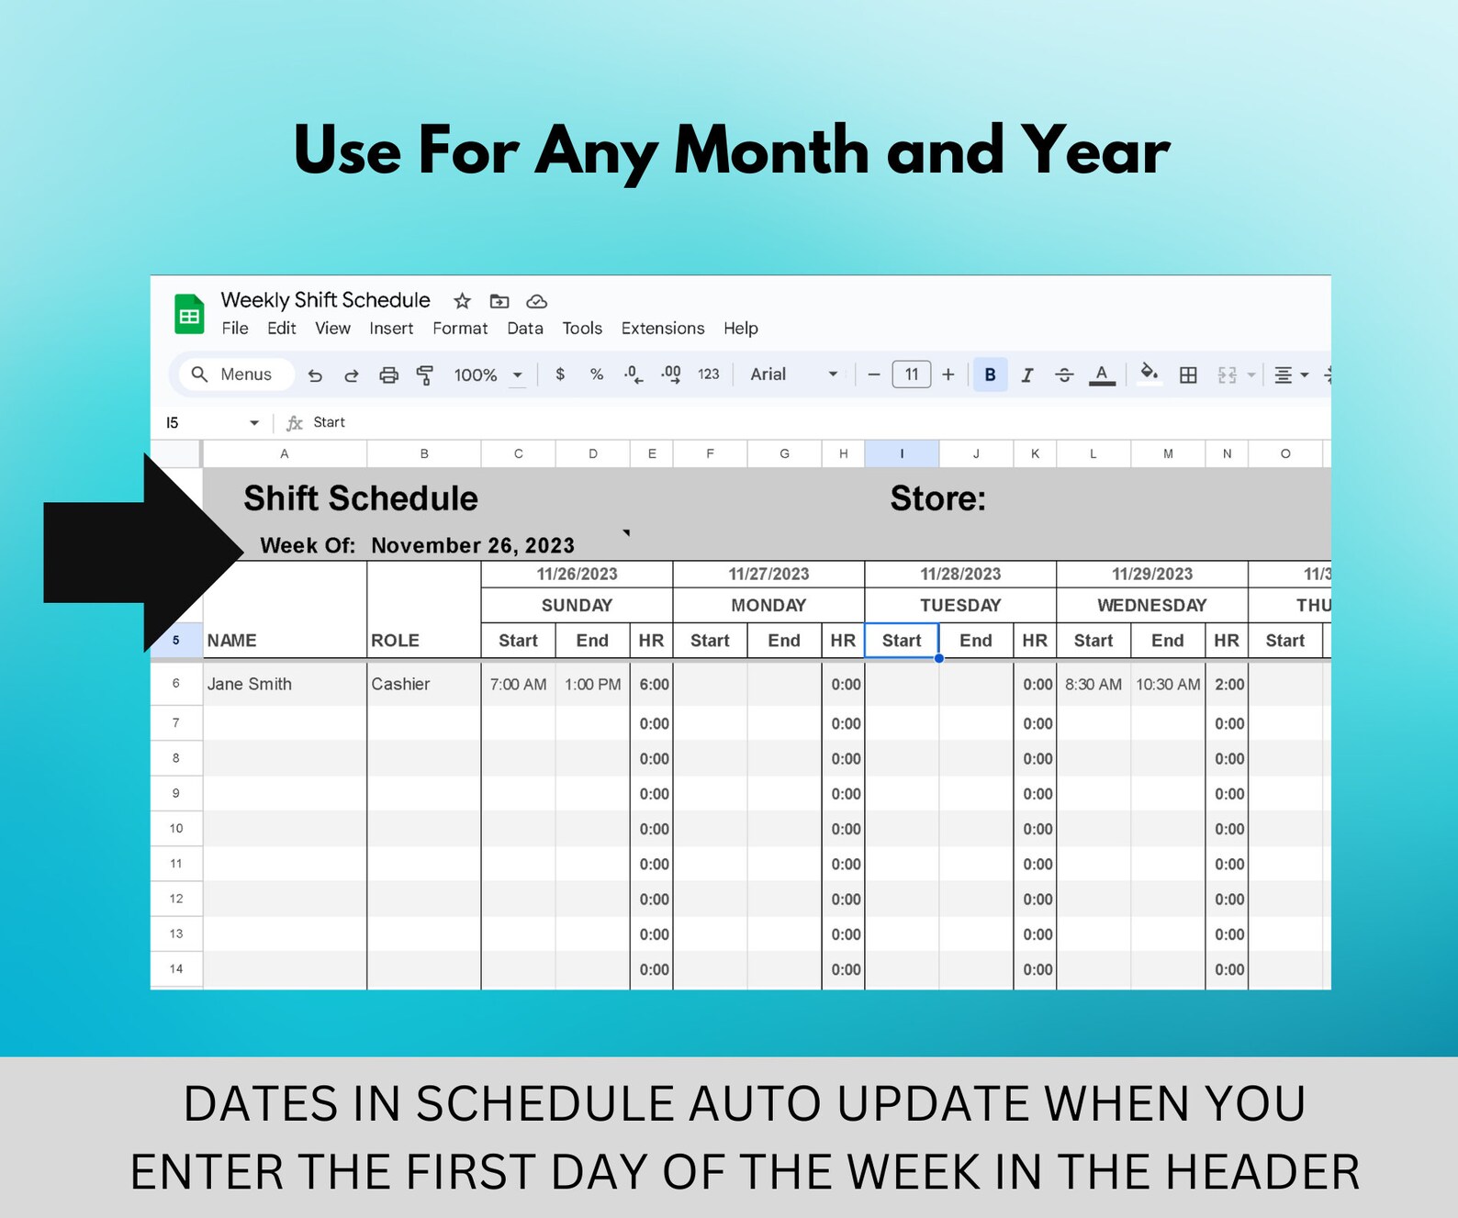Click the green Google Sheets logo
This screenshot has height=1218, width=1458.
[x=189, y=315]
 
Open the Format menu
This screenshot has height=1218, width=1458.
[x=460, y=329]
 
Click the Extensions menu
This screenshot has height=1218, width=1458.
[x=662, y=329]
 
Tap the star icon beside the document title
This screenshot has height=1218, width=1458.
[x=462, y=301]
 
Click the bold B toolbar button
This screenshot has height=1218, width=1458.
[x=990, y=374]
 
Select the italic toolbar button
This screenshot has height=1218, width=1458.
[x=1027, y=374]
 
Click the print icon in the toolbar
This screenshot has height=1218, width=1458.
[x=388, y=374]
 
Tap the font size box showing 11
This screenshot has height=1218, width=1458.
[x=911, y=374]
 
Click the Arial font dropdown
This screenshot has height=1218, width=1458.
[x=793, y=374]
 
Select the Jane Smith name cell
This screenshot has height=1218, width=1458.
[x=250, y=684]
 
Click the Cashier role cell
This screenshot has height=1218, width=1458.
[x=400, y=684]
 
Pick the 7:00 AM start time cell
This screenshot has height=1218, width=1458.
[x=518, y=684]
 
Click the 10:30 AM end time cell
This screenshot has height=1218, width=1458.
[x=1167, y=684]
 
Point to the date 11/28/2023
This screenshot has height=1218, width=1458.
[x=960, y=574]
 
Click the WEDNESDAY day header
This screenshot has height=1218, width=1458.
[x=1151, y=605]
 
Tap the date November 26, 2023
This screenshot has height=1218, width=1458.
[x=473, y=545]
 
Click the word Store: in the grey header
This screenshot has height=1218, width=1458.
[x=937, y=498]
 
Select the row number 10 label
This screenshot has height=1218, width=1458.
[x=176, y=828]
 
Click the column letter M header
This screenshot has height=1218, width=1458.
[x=1168, y=453]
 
